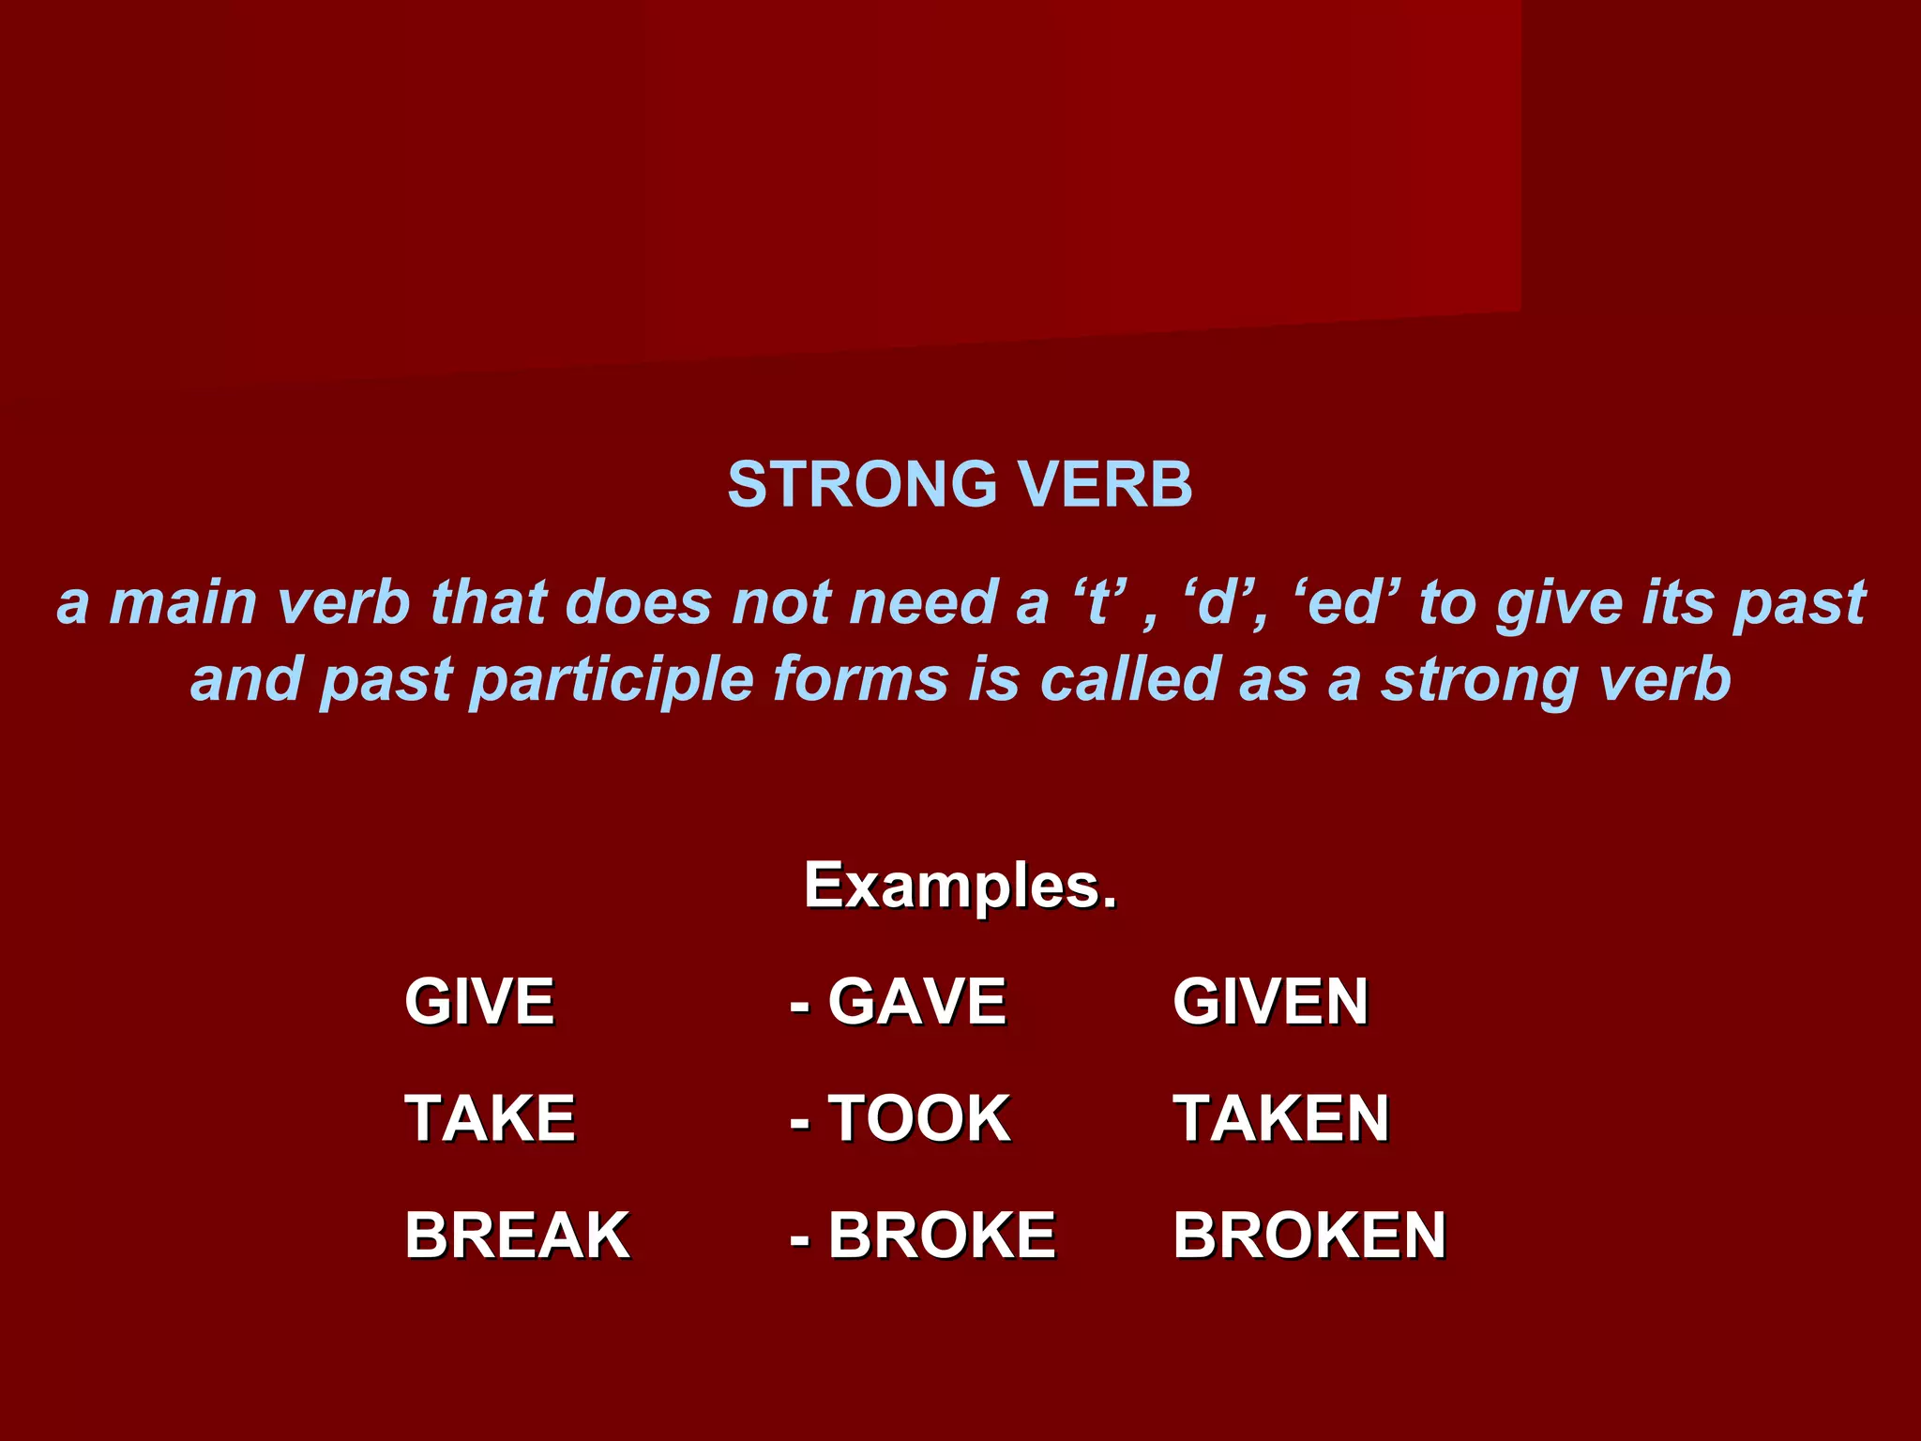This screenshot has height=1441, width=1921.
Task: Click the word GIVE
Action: pos(479,1002)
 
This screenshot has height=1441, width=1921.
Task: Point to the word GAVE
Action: pos(916,1002)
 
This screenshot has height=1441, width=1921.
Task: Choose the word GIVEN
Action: pos(1271,1002)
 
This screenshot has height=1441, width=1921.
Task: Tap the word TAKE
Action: pos(490,1118)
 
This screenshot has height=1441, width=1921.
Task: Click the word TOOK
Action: pos(918,1118)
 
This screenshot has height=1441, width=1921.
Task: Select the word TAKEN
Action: pos(1281,1118)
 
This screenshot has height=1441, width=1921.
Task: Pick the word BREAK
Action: pos(517,1236)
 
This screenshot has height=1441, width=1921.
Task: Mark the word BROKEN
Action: pos(1309,1236)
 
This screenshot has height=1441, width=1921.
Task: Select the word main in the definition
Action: pos(183,603)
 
